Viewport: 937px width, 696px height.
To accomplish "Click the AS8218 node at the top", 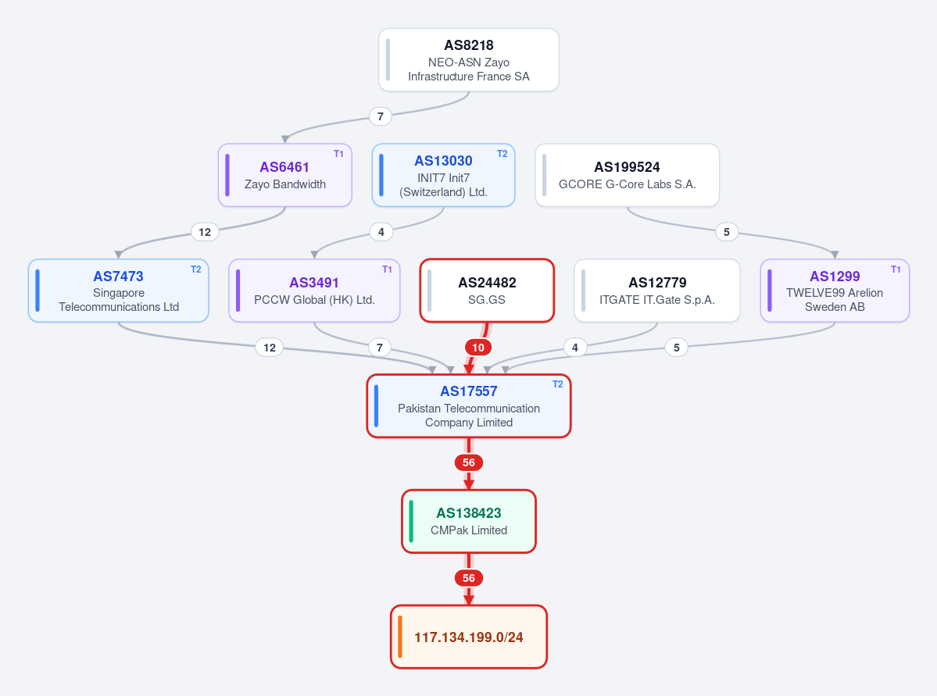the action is [x=469, y=59].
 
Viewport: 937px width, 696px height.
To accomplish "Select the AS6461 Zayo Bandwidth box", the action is [x=285, y=175].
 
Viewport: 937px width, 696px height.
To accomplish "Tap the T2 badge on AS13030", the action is [x=502, y=154].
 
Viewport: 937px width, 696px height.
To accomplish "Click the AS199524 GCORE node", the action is [x=627, y=175].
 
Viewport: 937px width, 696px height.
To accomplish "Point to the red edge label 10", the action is [x=478, y=348].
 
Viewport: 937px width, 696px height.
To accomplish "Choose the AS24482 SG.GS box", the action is [x=487, y=291].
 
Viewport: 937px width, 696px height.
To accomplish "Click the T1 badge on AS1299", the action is [x=895, y=269].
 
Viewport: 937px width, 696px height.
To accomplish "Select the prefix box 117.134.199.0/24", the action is [x=469, y=637].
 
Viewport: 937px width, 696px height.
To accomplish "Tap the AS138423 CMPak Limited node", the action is [x=469, y=522].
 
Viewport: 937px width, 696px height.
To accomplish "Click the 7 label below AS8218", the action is [x=380, y=116].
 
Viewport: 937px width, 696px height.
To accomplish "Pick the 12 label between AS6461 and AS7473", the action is [x=205, y=232].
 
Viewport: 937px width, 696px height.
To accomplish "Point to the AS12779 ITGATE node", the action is [x=656, y=291].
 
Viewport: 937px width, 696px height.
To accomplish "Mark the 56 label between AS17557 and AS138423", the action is [x=469, y=463].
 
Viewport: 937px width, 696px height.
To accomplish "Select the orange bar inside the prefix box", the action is [x=400, y=637].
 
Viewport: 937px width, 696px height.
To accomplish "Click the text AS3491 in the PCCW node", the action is [x=314, y=283].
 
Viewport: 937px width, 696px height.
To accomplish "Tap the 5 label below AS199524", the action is [x=727, y=232].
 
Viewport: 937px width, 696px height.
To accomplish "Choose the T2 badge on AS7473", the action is [x=195, y=269].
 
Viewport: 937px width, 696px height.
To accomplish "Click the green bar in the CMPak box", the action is [x=411, y=522].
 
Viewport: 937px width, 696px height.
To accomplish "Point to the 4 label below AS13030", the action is [x=381, y=232].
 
